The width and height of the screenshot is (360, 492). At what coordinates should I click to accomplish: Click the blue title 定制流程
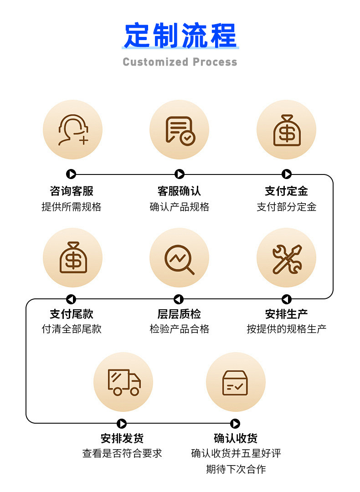[180, 36]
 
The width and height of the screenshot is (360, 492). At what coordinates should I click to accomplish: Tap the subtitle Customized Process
[180, 62]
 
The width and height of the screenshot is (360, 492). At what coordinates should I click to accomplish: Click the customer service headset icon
[72, 130]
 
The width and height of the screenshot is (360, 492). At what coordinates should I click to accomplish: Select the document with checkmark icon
[180, 130]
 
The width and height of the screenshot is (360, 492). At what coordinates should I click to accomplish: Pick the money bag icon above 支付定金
[287, 130]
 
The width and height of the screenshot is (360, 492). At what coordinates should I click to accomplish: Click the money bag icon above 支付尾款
[72, 258]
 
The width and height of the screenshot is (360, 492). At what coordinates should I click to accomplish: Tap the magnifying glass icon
[180, 259]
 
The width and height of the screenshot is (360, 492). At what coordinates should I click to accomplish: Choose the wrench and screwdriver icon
[287, 258]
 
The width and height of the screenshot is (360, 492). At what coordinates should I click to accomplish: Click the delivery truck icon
[123, 382]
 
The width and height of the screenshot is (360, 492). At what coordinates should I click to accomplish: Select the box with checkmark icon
[235, 382]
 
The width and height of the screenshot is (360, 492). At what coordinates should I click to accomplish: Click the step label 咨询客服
[72, 191]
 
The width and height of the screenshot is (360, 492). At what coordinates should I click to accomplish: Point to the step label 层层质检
[179, 314]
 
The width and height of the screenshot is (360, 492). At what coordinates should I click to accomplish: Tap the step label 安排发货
[122, 438]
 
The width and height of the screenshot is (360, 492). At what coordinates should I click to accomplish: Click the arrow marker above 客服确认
[180, 174]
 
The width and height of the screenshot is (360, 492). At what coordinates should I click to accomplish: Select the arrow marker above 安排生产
[286, 299]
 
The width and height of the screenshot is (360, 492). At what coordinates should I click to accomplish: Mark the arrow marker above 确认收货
[235, 424]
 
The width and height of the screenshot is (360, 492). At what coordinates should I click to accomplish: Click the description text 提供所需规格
[72, 207]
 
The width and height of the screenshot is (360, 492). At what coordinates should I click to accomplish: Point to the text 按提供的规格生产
[287, 329]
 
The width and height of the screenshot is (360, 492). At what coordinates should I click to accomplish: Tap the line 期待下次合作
[236, 469]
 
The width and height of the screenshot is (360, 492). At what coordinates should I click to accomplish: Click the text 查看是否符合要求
[122, 453]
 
